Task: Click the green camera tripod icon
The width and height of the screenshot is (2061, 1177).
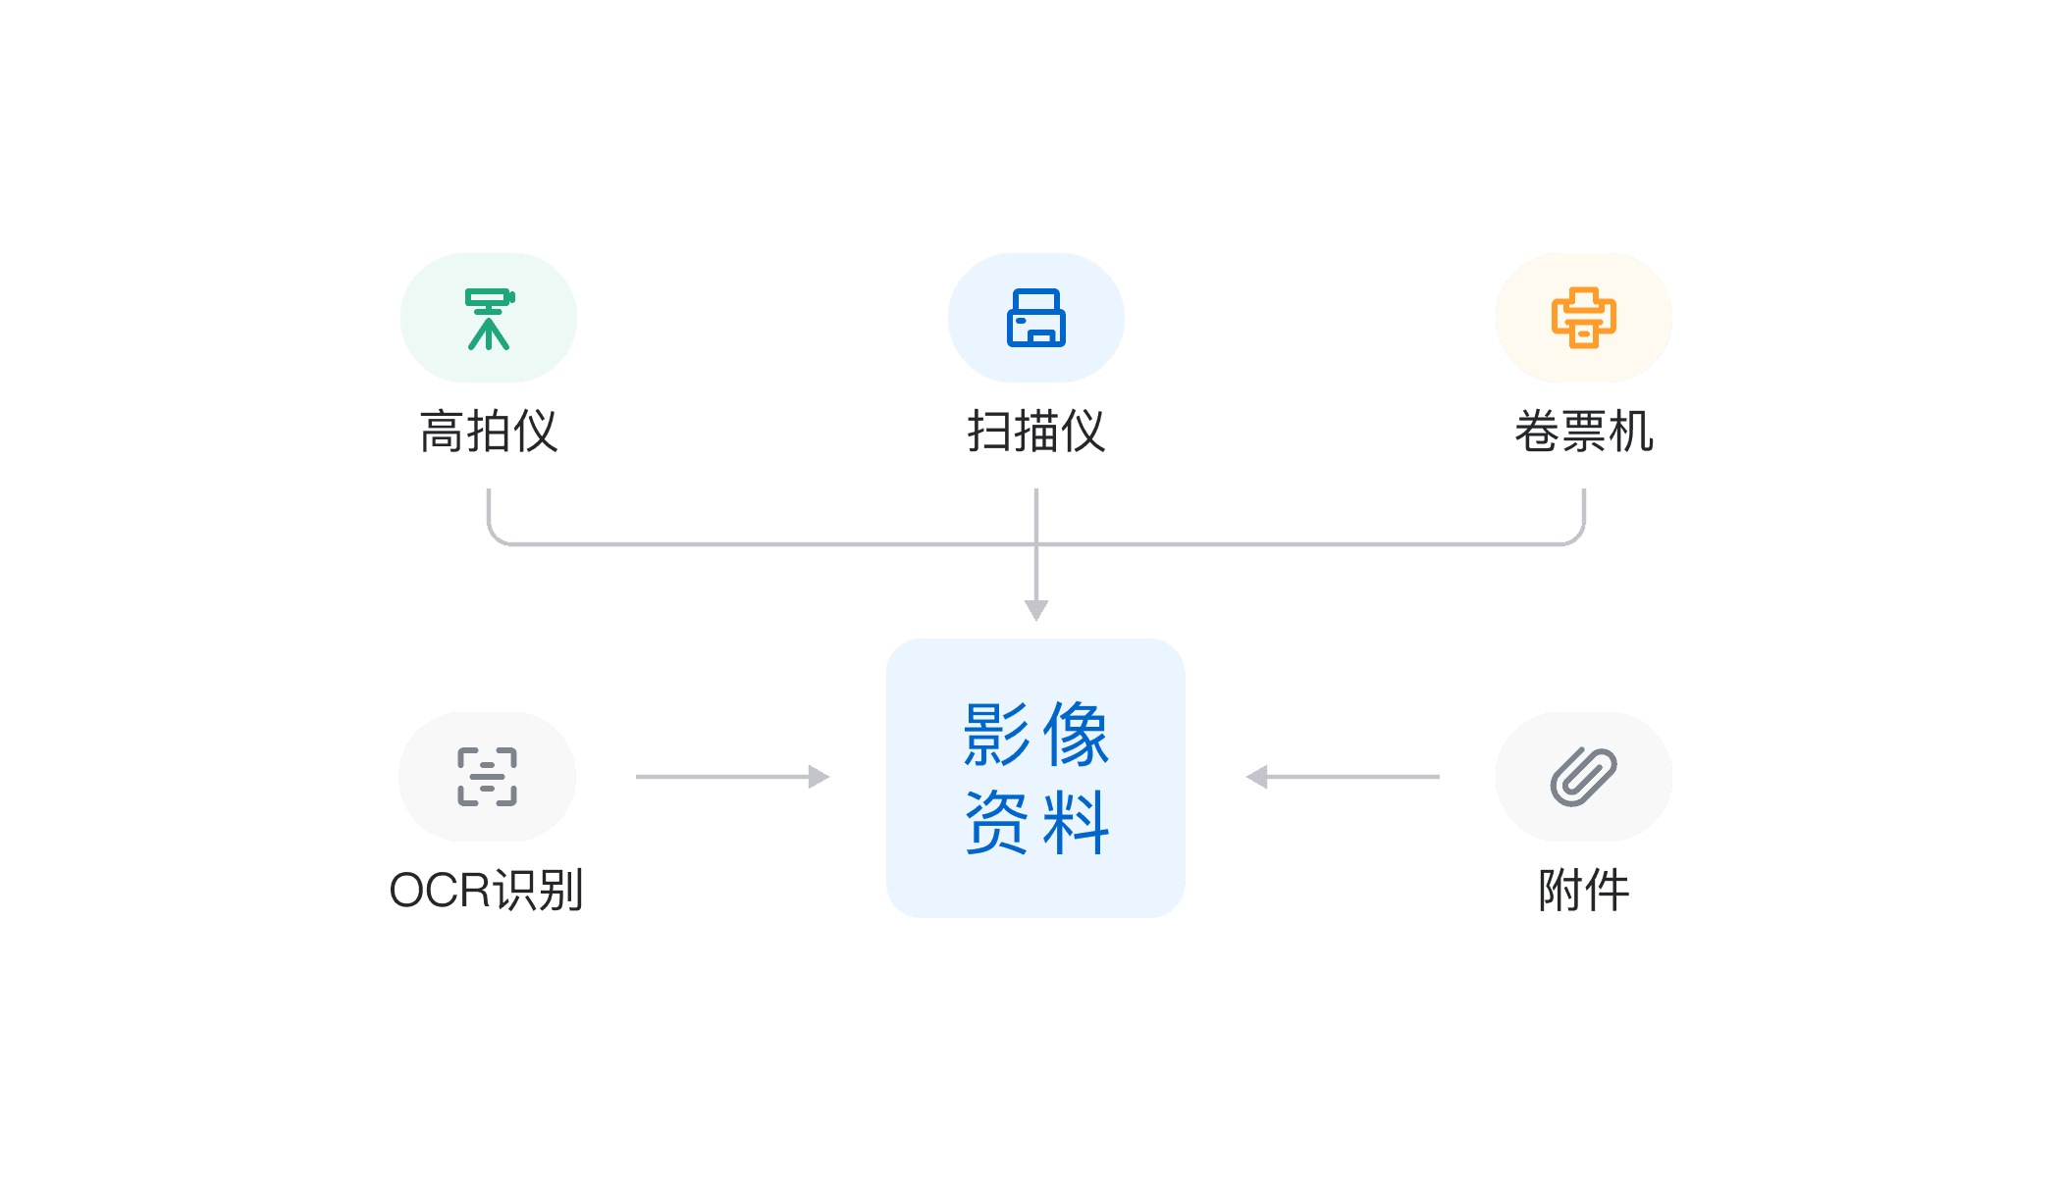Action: tap(489, 319)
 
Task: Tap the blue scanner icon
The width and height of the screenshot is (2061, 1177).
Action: tap(1035, 318)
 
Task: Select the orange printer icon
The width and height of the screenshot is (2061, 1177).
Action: tap(1583, 318)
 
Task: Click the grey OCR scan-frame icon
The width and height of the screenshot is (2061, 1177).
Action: tap(487, 777)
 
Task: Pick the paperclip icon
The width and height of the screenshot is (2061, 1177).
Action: tap(1583, 777)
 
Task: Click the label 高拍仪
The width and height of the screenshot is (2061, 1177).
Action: tap(489, 432)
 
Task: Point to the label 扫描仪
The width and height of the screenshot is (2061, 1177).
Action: tap(1035, 432)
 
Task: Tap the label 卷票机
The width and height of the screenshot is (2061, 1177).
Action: tap(1583, 432)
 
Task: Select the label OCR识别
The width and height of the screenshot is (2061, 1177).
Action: tap(487, 891)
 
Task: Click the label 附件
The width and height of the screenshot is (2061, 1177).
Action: tap(1583, 891)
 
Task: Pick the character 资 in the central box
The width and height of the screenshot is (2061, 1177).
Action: tap(996, 822)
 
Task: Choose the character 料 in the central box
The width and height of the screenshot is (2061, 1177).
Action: tap(1076, 822)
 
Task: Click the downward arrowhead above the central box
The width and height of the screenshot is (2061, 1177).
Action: tap(1036, 610)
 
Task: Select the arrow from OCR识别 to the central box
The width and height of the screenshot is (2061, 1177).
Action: tap(732, 777)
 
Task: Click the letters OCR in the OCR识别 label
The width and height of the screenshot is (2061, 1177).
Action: tap(439, 891)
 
